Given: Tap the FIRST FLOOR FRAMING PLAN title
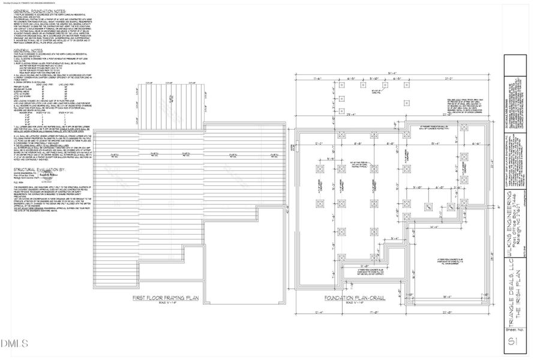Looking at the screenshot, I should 165,298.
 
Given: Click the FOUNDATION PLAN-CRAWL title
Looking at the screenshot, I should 354,298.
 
